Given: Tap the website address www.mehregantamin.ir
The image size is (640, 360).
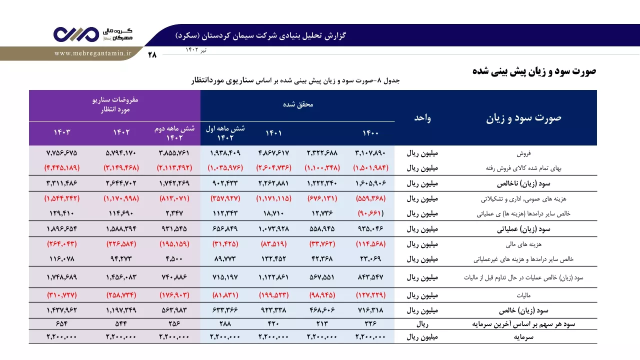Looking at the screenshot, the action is tap(93, 53).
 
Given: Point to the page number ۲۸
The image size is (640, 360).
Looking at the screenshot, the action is tap(152, 54).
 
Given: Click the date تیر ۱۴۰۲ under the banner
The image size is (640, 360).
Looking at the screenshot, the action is tap(196, 49).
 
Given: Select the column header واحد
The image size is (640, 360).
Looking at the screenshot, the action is tap(422, 117).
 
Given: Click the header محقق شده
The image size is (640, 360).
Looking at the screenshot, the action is tap(298, 104).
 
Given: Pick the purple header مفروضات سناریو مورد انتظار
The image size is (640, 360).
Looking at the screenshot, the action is tap(115, 104).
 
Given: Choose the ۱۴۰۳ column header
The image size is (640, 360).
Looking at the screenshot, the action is tap(62, 132).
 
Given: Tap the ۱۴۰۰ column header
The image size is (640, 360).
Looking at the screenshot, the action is tap(370, 133).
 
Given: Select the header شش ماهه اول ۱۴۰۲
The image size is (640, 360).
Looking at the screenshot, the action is tap(225, 133).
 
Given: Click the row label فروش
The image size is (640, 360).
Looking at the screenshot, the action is tap(523, 153).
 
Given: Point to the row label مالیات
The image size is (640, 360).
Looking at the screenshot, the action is tap(523, 295).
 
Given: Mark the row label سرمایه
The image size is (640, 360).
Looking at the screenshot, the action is tap(523, 337).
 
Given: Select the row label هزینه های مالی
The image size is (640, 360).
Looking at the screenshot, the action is tap(523, 244).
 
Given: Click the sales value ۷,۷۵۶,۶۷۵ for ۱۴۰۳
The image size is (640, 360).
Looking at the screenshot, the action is tap(62, 153).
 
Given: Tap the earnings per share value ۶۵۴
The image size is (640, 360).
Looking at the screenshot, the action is tap(62, 323).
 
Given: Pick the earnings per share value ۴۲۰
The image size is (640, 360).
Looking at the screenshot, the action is tap(273, 323).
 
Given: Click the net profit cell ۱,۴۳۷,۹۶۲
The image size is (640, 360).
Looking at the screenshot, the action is tap(62, 310).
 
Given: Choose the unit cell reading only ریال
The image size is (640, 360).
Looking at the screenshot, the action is tap(422, 324).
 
